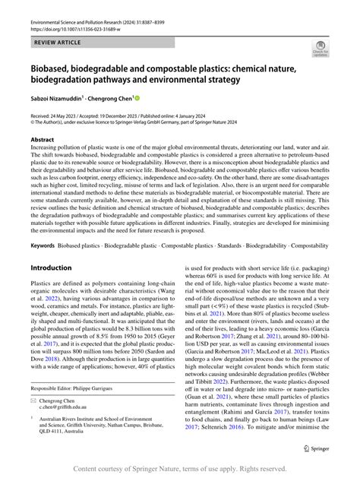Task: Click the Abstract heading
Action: [43, 141]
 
